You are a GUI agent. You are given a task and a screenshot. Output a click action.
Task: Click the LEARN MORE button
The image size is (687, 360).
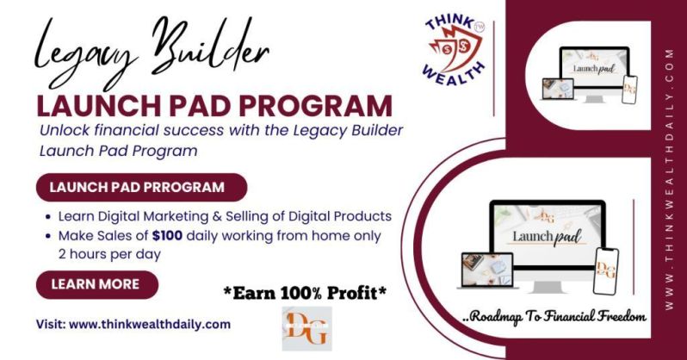pyautogui.click(x=96, y=284)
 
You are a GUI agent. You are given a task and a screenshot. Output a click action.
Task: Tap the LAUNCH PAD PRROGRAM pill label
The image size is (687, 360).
pyautogui.click(x=141, y=187)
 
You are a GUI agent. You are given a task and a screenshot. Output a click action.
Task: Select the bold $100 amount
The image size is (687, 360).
pyautogui.click(x=167, y=236)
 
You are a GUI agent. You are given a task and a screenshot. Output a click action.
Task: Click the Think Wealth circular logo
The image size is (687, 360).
pyautogui.click(x=455, y=51)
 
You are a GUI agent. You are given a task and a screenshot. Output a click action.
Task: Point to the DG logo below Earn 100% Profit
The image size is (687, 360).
pyautogui.click(x=306, y=328)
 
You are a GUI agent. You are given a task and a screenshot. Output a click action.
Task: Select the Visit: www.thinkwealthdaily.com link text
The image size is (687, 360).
pyautogui.click(x=133, y=325)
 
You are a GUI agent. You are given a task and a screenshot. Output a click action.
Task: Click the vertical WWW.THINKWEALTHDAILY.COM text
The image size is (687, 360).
pyautogui.click(x=669, y=180)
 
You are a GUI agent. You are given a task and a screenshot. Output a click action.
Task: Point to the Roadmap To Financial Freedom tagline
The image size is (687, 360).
pyautogui.click(x=554, y=317)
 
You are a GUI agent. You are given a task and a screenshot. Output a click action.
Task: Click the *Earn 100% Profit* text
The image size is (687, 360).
pyautogui.click(x=306, y=294)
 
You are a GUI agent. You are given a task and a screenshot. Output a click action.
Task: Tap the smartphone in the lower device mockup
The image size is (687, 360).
pyautogui.click(x=606, y=271)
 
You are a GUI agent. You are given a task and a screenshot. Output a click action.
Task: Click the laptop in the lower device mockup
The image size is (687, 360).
pyautogui.click(x=487, y=270)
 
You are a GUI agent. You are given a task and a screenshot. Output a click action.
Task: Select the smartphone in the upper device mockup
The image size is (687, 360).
pyautogui.click(x=629, y=90)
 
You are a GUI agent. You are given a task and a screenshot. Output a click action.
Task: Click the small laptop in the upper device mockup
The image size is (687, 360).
pyautogui.click(x=558, y=89)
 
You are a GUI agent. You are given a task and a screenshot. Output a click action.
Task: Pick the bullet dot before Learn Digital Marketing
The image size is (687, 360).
pyautogui.click(x=48, y=217)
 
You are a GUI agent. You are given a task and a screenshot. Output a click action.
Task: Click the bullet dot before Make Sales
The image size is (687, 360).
pyautogui.click(x=48, y=236)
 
